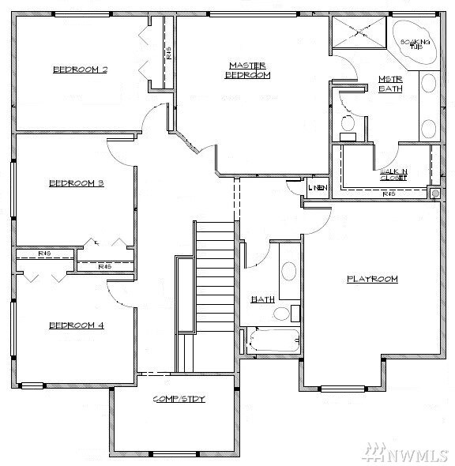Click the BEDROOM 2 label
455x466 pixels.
click(x=80, y=70)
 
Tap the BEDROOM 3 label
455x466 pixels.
click(x=77, y=183)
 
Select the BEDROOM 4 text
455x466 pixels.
click(x=77, y=325)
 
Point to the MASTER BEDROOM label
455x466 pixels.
click(x=247, y=70)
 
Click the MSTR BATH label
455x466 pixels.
click(x=390, y=84)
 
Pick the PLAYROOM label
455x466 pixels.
click(x=372, y=279)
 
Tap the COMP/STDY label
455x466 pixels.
click(x=179, y=399)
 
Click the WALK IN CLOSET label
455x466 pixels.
click(x=393, y=175)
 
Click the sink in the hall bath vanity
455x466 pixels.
click(x=289, y=271)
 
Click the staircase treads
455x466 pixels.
click(x=215, y=276)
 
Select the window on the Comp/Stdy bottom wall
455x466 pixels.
click(x=174, y=453)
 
